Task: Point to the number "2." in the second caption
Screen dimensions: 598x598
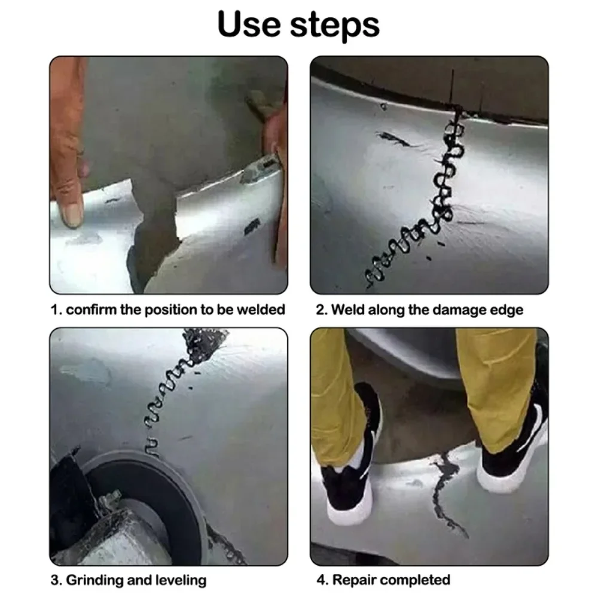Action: coord(321,310)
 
